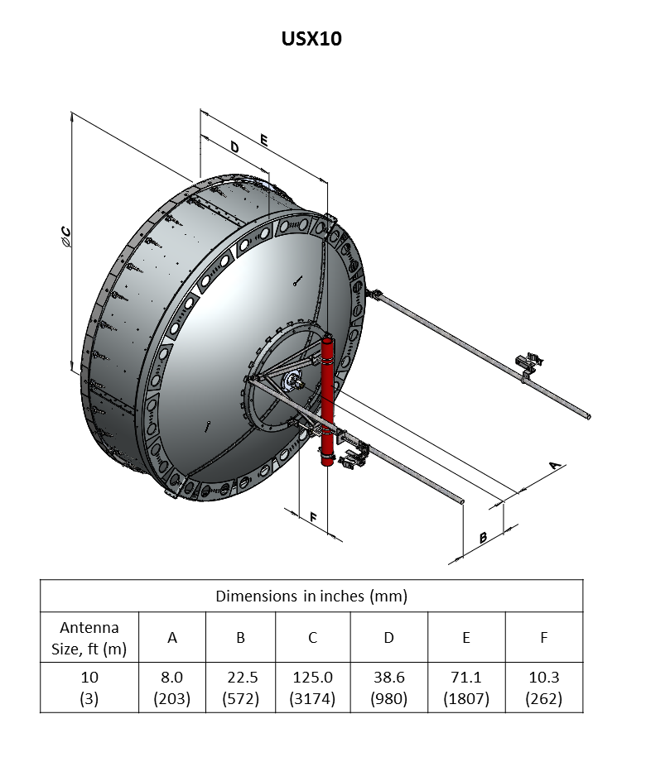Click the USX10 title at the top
point(311,38)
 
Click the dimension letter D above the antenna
point(235,147)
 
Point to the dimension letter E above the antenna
point(263,140)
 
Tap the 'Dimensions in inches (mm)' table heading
point(311,596)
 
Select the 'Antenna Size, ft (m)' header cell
point(89,638)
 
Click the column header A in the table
point(172,638)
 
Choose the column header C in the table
point(312,638)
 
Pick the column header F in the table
point(543,638)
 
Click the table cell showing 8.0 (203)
point(172,688)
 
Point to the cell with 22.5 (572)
point(241,688)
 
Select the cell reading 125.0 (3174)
point(312,688)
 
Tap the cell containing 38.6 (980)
point(388,688)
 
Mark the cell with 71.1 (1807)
point(466,688)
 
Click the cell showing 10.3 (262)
point(543,688)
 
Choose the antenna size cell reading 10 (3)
point(89,688)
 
